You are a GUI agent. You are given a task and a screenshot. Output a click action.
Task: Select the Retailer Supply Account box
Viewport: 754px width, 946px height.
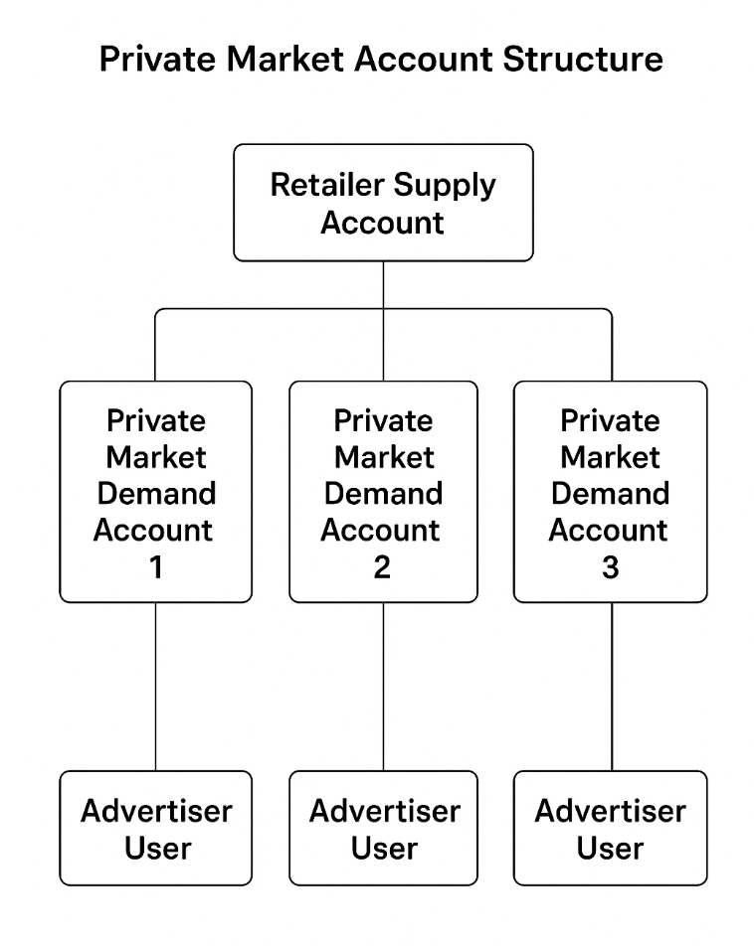click(x=383, y=203)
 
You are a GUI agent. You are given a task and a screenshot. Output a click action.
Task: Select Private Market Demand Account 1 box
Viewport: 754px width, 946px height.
click(x=156, y=492)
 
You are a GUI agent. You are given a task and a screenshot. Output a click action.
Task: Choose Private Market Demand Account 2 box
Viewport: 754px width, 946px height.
click(x=383, y=492)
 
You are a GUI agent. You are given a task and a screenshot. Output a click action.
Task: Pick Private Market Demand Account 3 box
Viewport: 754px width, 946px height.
click(x=610, y=492)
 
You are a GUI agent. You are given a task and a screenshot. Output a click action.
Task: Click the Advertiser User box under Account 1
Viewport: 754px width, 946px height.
click(x=156, y=829)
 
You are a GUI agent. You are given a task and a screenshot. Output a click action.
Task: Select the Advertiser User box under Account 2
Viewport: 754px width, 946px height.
click(x=383, y=829)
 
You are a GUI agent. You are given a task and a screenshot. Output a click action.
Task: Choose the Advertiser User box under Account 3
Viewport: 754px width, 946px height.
click(x=610, y=829)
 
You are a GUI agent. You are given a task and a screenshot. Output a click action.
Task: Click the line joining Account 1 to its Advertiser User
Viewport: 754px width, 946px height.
click(x=156, y=686)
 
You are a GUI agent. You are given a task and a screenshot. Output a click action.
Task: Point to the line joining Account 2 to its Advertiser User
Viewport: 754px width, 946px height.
click(x=384, y=686)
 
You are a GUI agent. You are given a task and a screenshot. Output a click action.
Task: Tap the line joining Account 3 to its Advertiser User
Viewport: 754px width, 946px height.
click(x=611, y=686)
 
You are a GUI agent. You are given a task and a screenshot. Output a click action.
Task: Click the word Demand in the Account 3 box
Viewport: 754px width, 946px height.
click(x=610, y=494)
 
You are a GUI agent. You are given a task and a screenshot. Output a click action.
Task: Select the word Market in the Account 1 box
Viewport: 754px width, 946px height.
click(x=156, y=457)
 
